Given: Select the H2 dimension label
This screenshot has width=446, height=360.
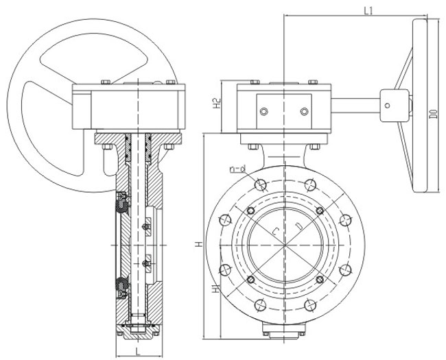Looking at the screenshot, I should pos(216,104).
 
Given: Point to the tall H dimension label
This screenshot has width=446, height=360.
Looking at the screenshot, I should pos(198,243).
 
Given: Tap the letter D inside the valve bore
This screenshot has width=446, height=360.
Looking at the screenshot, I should pos(297,226).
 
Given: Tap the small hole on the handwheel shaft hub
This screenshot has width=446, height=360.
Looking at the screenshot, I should pos(389,105).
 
